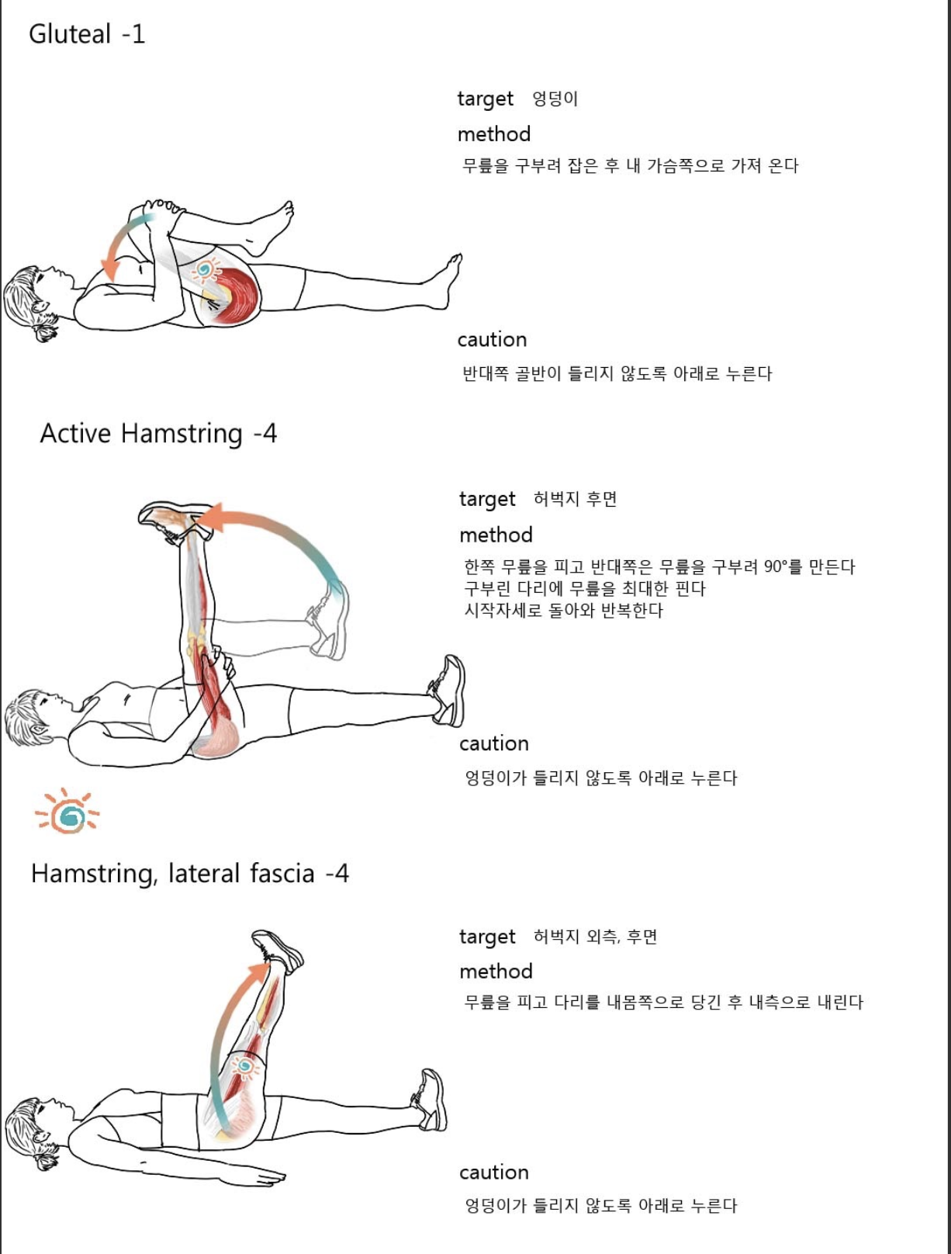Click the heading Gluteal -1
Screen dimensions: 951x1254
pyautogui.click(x=87, y=34)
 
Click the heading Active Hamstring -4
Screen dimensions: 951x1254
pyautogui.click(x=158, y=433)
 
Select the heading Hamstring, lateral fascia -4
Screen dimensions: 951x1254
pyautogui.click(x=190, y=874)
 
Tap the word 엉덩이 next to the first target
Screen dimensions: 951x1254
pyautogui.click(x=555, y=99)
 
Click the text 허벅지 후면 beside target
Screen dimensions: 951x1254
pyautogui.click(x=575, y=499)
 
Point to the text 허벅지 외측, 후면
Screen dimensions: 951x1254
pyautogui.click(x=595, y=937)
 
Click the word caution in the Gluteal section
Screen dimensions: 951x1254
pyautogui.click(x=492, y=340)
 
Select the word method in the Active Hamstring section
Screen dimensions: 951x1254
pyautogui.click(x=496, y=535)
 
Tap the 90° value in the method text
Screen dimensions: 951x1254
pyautogui.click(x=777, y=566)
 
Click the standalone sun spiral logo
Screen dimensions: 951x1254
pyautogui.click(x=68, y=812)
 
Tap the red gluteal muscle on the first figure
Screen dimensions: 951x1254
pyautogui.click(x=237, y=296)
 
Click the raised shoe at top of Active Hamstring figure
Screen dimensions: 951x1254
pyautogui.click(x=175, y=518)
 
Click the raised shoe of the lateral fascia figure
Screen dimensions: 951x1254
pyautogui.click(x=277, y=950)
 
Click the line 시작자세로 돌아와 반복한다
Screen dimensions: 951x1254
pyautogui.click(x=563, y=611)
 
